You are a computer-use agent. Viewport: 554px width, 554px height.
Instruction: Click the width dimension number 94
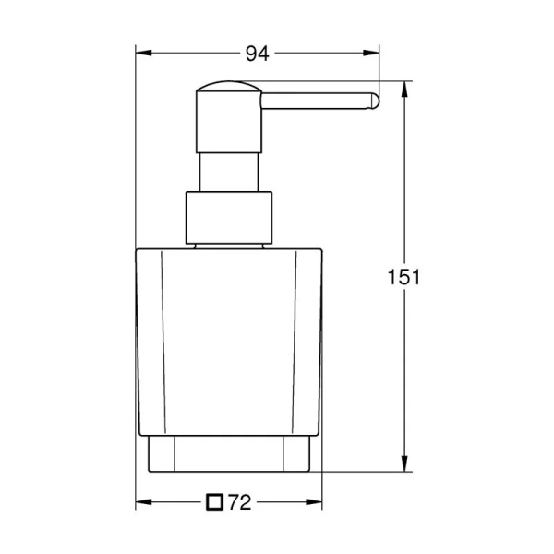pos(257,54)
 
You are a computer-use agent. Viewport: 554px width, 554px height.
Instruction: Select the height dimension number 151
pos(404,277)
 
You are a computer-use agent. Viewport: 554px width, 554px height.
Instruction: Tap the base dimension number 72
pos(240,503)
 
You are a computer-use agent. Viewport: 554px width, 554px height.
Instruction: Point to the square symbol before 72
pos(215,503)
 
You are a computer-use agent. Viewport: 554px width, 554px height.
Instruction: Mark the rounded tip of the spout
pos(374,102)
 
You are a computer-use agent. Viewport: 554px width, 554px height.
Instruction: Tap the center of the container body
pos(230,342)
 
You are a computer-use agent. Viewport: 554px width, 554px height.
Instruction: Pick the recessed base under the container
pos(230,454)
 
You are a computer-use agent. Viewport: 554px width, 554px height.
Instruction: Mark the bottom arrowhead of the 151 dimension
pos(404,467)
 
